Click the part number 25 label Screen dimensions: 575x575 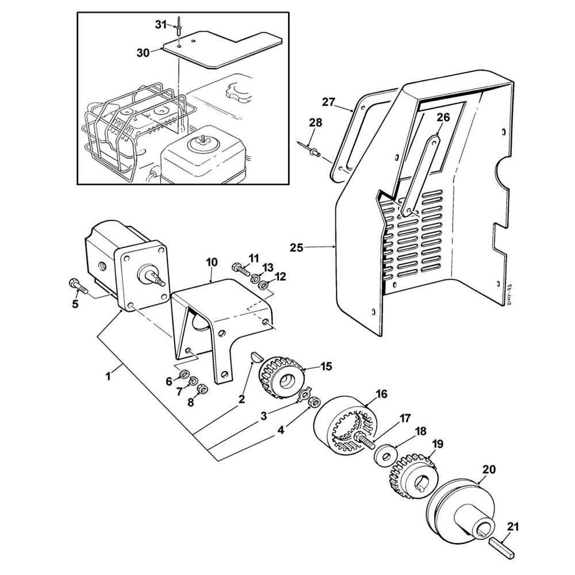(297, 248)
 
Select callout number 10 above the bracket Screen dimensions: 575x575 (212, 262)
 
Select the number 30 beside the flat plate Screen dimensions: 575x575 (143, 52)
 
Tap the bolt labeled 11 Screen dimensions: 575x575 (241, 267)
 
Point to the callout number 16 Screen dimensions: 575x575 (381, 394)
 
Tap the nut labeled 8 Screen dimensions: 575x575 (202, 389)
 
